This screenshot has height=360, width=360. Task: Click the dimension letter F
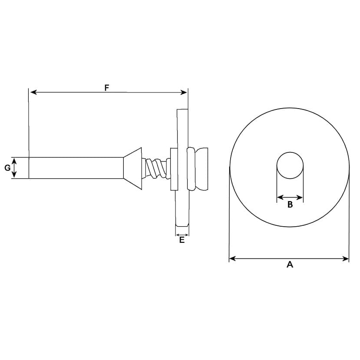pyautogui.click(x=107, y=88)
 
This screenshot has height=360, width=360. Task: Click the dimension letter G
pyautogui.click(x=7, y=168)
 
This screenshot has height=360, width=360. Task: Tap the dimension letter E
pyautogui.click(x=182, y=240)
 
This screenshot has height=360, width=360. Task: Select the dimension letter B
pyautogui.click(x=290, y=205)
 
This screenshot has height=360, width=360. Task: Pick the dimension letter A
pyautogui.click(x=290, y=264)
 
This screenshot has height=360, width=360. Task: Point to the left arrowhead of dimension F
pyautogui.click(x=33, y=92)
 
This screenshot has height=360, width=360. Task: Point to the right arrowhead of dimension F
pyautogui.click(x=184, y=92)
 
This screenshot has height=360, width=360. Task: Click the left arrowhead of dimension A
pyautogui.click(x=232, y=259)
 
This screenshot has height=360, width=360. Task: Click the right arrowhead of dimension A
pyautogui.click(x=346, y=259)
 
